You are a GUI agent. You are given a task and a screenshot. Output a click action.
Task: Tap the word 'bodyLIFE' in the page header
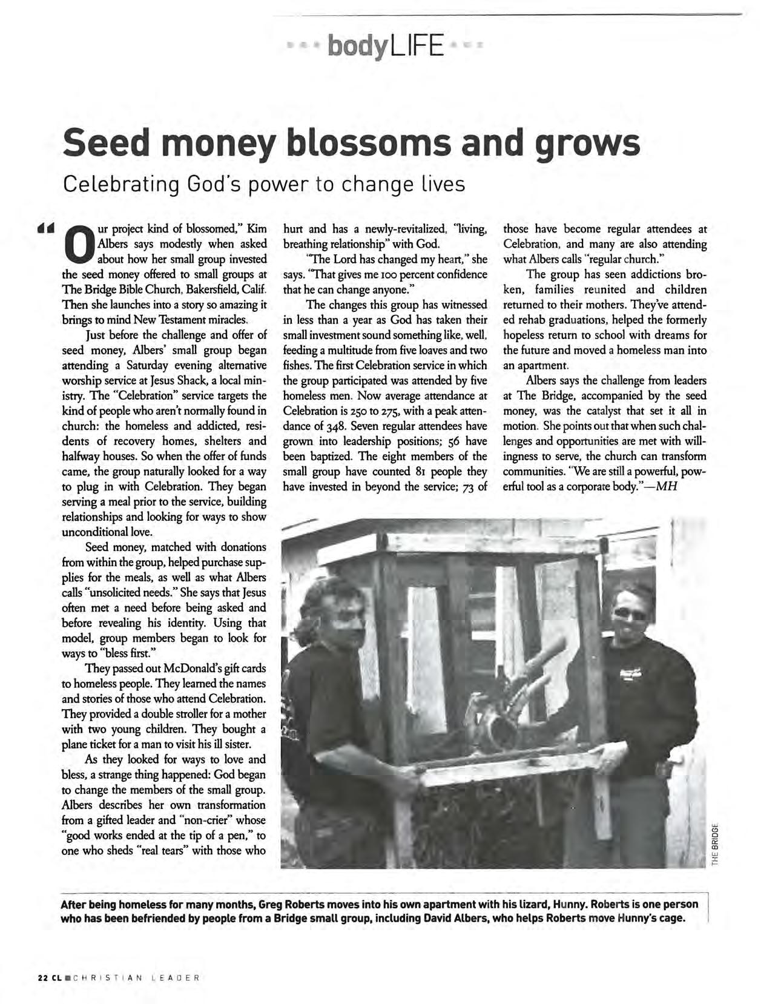coord(386,45)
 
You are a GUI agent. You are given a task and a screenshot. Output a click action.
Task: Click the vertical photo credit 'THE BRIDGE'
coord(715,844)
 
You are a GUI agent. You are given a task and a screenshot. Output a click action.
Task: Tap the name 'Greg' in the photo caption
coord(270,905)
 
